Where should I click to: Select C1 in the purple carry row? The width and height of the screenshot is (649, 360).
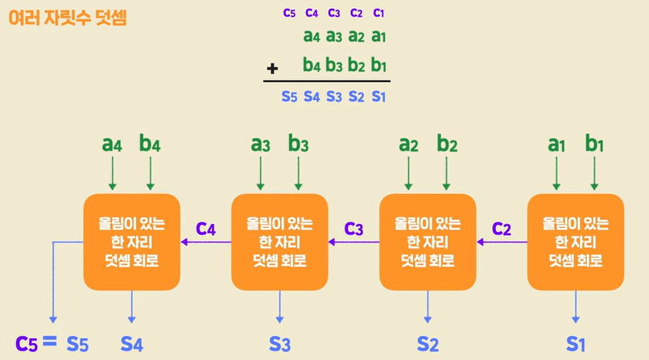(379, 13)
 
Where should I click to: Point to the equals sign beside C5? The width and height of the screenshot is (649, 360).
(49, 342)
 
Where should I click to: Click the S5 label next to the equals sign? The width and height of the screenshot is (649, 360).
(76, 343)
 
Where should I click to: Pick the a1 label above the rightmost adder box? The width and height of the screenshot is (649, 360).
(556, 145)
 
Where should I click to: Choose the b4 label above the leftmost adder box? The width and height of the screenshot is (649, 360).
(151, 145)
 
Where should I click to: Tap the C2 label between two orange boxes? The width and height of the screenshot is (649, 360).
(502, 228)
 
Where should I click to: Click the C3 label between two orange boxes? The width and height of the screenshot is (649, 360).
(354, 228)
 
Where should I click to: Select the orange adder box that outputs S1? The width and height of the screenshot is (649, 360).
(575, 242)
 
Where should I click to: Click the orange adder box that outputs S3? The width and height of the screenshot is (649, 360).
(279, 242)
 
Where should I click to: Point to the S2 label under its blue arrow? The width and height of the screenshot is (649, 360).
(428, 345)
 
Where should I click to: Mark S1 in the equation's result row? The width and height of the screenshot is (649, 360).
(378, 97)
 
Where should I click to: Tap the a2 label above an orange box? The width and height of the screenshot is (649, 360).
(409, 145)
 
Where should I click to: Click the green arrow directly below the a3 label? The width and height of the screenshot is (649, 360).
(260, 174)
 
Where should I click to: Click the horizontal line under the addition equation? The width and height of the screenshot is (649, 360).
(327, 81)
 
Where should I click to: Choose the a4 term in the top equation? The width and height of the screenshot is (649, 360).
(312, 36)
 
